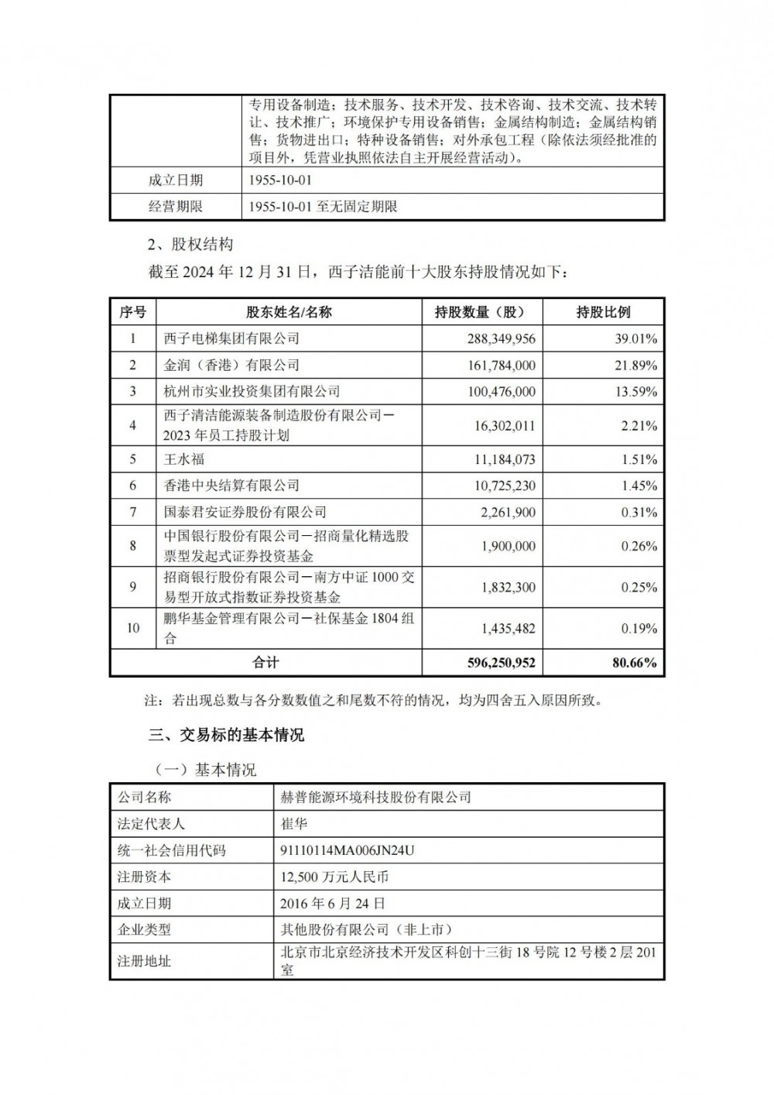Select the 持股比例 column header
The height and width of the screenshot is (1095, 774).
click(x=603, y=312)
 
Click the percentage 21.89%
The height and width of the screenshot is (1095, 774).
click(x=636, y=366)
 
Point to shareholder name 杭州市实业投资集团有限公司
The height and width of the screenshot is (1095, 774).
click(x=252, y=392)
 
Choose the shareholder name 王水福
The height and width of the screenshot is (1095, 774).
click(x=184, y=459)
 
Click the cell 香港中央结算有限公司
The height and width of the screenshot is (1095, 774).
click(x=231, y=486)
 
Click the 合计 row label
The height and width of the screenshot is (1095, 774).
click(x=265, y=663)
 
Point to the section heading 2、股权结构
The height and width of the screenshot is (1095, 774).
click(x=190, y=245)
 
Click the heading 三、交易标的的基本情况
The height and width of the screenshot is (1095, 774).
click(x=226, y=735)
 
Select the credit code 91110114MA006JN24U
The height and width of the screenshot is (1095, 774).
click(x=348, y=850)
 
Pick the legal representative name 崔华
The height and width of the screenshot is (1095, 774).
click(x=294, y=823)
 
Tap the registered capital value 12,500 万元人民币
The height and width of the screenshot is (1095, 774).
click(x=334, y=877)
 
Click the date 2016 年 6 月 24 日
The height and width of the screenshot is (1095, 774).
click(x=333, y=903)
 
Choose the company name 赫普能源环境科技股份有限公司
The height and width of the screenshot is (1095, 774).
click(x=375, y=797)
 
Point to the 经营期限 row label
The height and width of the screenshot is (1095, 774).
click(x=176, y=207)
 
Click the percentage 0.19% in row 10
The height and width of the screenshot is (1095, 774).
click(x=639, y=629)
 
